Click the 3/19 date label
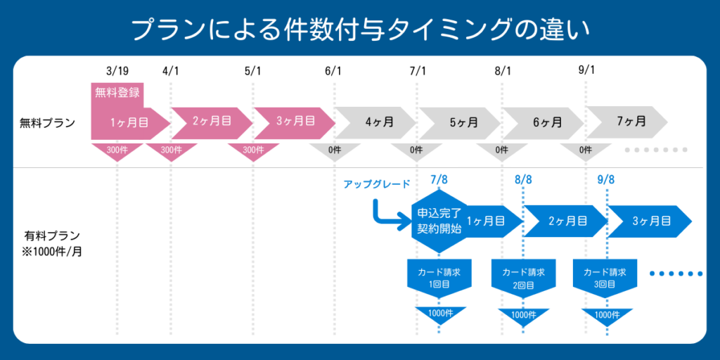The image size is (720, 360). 117,71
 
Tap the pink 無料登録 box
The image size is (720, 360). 117,91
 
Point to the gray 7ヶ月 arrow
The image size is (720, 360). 629,121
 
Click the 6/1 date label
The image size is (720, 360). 333,71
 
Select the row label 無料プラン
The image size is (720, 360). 47,122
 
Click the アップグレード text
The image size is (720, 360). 377,184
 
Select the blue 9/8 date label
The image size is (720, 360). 606,180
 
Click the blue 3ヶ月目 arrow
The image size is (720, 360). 648,221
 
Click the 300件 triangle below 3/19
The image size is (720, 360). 117,150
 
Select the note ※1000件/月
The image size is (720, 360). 52,250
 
